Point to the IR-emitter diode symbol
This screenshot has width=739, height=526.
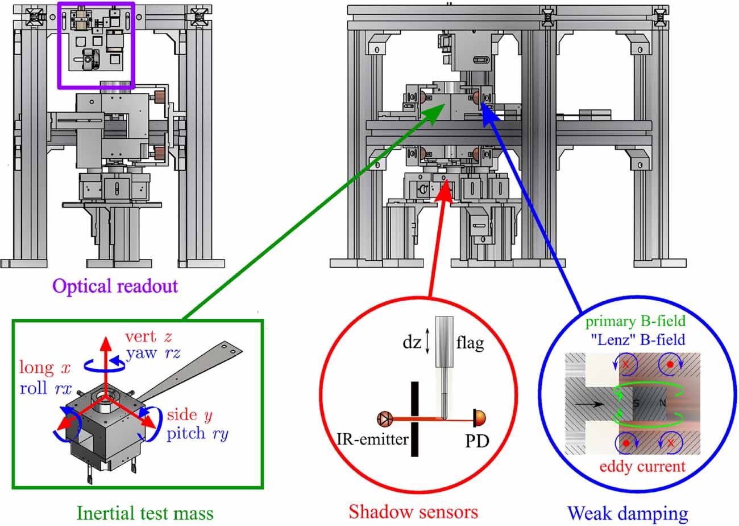point(383,420)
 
